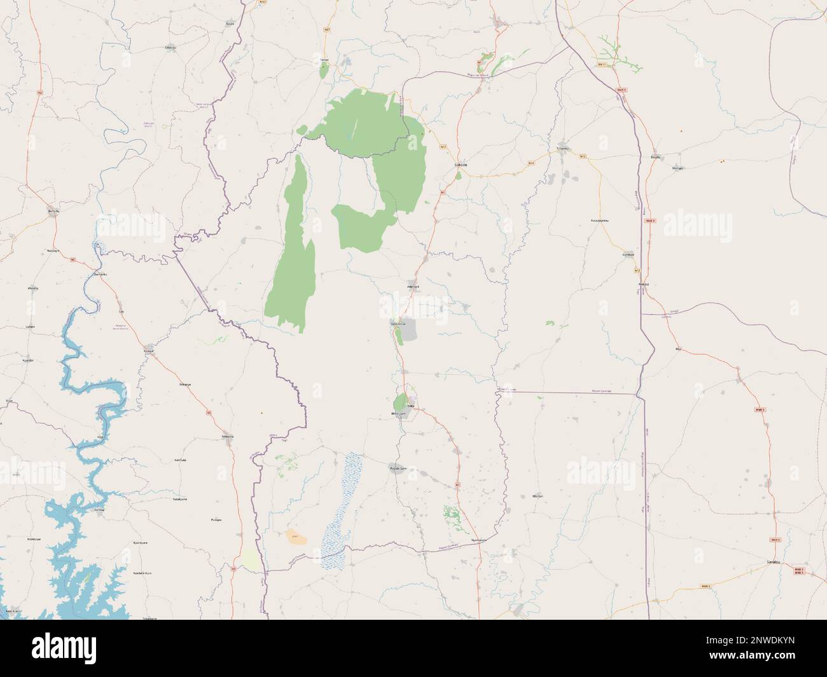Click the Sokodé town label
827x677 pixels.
click(461, 164)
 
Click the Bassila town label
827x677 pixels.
click(655, 156)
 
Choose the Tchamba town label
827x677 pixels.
click(562, 149)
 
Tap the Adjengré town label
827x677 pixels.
click(413, 287)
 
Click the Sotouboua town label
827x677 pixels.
click(398, 322)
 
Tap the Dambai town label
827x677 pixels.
click(99, 510)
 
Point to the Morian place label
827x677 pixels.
click(537, 495)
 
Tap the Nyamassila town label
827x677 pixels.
click(478, 540)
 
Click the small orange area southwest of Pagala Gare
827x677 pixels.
click(295, 537)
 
